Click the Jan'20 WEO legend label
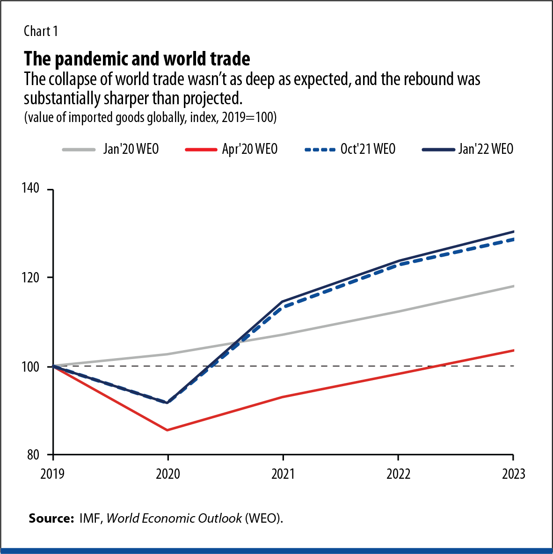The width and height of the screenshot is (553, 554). tap(131, 149)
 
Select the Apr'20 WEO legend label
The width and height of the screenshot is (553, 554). tap(250, 149)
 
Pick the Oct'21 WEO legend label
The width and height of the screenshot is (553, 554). tap(368, 149)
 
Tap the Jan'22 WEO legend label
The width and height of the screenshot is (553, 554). tap(486, 149)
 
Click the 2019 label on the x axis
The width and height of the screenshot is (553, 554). tap(52, 474)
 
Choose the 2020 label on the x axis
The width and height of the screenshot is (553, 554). tap(168, 474)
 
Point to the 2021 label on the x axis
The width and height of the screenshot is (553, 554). tap(283, 474)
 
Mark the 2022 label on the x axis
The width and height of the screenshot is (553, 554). tap(398, 474)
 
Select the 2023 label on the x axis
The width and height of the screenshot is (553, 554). tap(513, 474)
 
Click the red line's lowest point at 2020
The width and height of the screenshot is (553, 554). tap(168, 430)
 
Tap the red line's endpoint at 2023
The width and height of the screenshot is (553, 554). tap(514, 350)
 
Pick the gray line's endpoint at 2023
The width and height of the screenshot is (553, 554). tap(514, 286)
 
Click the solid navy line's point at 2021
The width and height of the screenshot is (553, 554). tap(283, 302)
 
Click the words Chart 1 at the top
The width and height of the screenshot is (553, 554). tap(41, 31)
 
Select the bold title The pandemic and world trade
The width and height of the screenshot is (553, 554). tap(137, 59)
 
